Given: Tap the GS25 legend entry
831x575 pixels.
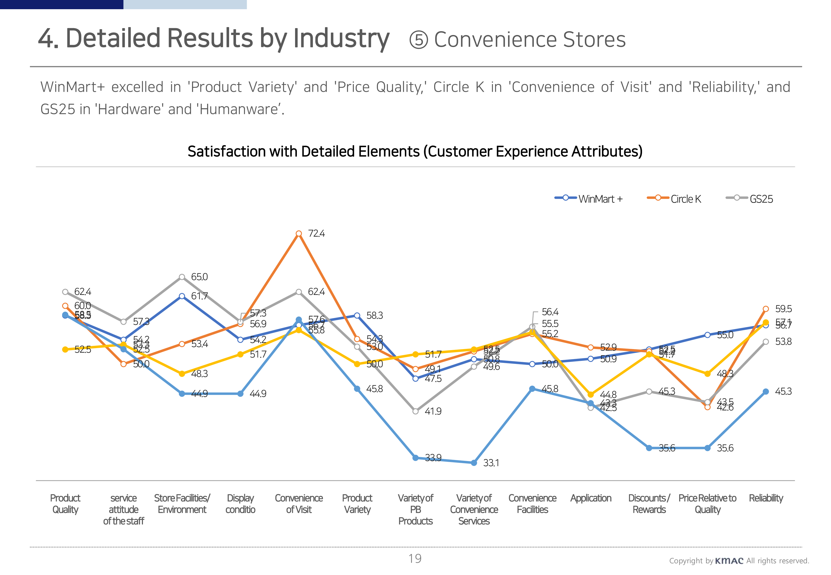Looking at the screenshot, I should pyautogui.click(x=749, y=199).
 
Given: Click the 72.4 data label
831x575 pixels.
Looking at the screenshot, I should pyautogui.click(x=316, y=234).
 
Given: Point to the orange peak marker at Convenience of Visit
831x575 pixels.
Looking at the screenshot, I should pyautogui.click(x=299, y=234).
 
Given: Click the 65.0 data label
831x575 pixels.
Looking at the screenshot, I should pyautogui.click(x=199, y=277).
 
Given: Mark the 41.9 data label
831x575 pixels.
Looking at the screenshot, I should pyautogui.click(x=433, y=411).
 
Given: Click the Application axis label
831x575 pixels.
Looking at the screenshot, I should pyautogui.click(x=591, y=498).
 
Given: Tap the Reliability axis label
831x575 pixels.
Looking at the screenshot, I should pyautogui.click(x=766, y=498).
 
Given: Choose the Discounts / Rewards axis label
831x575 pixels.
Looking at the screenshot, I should pyautogui.click(x=649, y=504).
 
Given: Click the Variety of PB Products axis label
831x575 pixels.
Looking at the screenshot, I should pyautogui.click(x=416, y=509).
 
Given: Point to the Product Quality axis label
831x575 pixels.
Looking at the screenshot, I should pyautogui.click(x=65, y=504).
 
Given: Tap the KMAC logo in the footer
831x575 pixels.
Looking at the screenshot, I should pyautogui.click(x=729, y=561).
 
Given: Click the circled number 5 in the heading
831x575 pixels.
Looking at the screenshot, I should pyautogui.click(x=418, y=40).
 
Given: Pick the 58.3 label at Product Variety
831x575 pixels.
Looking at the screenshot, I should pyautogui.click(x=374, y=316).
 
